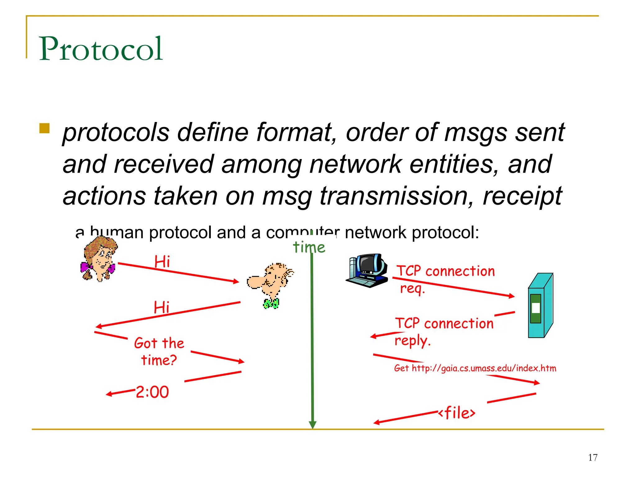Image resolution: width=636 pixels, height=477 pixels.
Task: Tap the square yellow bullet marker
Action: pyautogui.click(x=44, y=128)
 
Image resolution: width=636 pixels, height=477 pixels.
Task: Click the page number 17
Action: pyautogui.click(x=593, y=457)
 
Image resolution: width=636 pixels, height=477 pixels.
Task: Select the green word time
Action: pyautogui.click(x=309, y=248)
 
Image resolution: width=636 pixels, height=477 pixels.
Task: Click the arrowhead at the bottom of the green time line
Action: pyautogui.click(x=313, y=425)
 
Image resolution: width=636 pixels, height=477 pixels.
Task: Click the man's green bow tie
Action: pyautogui.click(x=271, y=303)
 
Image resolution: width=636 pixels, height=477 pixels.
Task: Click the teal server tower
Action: pyautogui.click(x=540, y=306)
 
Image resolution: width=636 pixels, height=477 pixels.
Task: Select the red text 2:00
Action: pyautogui.click(x=152, y=392)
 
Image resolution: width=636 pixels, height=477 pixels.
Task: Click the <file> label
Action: pyautogui.click(x=457, y=413)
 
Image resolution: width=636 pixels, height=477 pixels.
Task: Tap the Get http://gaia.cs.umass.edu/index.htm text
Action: pyautogui.click(x=475, y=368)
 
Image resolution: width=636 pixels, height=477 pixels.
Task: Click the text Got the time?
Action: pyautogui.click(x=159, y=352)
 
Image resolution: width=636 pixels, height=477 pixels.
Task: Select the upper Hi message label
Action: pyautogui.click(x=162, y=261)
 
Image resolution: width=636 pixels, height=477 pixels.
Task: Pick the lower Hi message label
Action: pyautogui.click(x=161, y=307)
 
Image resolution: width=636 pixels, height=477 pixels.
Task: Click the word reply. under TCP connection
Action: pyautogui.click(x=412, y=341)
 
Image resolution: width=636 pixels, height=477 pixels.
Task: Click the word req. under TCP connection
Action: pyautogui.click(x=412, y=288)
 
